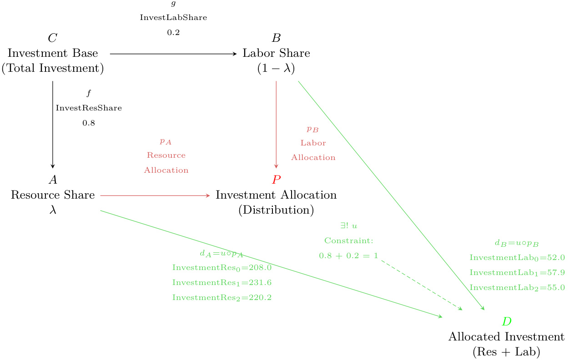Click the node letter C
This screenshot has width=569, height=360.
coord(53,38)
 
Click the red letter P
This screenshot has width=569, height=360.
coord(276,180)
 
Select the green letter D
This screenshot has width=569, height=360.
coord(506,322)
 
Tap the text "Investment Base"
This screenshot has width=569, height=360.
coord(53,53)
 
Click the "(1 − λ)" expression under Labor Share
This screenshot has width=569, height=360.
coord(276,69)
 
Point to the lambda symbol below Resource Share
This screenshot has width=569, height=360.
coord(53,210)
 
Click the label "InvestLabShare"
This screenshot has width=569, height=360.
coord(173,18)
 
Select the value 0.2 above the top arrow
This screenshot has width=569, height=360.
coord(173,33)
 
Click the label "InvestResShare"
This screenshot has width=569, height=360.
coord(89,108)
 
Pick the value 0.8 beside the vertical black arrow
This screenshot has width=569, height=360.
coord(89,123)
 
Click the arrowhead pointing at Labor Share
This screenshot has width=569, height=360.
coord(235,54)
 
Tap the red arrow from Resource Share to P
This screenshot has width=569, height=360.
coord(155,195)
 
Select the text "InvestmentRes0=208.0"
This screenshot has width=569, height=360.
coord(222,268)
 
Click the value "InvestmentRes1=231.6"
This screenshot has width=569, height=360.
coord(222,283)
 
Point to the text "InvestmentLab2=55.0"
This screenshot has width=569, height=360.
coord(517,288)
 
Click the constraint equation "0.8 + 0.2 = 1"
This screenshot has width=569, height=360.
coord(348,256)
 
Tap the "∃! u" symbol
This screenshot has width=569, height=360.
coord(348,225)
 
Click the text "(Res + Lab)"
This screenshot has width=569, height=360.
coord(506,351)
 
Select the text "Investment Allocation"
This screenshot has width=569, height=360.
coord(276,195)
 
